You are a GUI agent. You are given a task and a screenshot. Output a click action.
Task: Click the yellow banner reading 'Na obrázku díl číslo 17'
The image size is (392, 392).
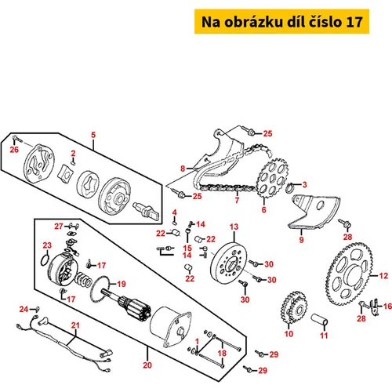pos(281,21)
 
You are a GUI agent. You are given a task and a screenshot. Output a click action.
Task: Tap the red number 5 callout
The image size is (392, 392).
pos(93,135)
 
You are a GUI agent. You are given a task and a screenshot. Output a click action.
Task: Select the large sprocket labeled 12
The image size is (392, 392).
pos(350,274)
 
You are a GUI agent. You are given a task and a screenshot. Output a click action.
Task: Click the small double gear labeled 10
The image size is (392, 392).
pos(294,307)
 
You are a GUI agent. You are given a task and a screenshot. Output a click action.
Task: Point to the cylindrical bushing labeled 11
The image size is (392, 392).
pos(319,320)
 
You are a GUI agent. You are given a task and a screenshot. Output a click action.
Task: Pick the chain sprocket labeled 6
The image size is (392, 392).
pos(272,178)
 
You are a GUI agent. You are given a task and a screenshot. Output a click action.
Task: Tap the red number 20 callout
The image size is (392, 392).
pos(147,365)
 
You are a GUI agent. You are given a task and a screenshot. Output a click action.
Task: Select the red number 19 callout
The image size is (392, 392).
pos(122,284)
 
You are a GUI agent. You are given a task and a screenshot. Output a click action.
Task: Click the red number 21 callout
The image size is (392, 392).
pos(75,325)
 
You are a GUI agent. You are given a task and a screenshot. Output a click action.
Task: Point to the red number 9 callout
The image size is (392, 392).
pos(301,239)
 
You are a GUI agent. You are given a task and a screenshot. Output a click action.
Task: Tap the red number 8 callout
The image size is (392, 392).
pos(183,169)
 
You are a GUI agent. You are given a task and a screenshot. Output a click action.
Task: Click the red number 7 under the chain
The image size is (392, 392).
pos(237,200)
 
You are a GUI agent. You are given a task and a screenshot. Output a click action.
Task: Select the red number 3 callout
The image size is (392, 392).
pos(304,184)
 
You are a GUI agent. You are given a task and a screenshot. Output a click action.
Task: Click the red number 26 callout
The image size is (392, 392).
pos(14,149)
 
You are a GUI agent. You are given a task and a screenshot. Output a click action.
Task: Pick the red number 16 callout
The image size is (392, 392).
pos(387,306)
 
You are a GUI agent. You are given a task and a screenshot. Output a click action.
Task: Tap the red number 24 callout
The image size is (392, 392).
pos(24,309)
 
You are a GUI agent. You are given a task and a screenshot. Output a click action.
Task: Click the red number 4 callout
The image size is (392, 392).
pos(175,212)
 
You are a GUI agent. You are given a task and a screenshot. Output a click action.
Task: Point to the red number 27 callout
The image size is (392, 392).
pos(59,227)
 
